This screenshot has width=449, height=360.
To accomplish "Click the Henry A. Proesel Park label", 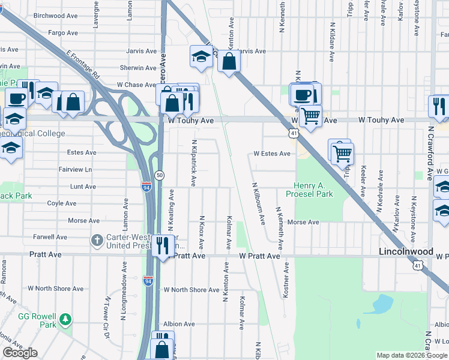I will tap(313, 190).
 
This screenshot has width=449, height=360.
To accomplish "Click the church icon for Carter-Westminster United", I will tap(96, 241).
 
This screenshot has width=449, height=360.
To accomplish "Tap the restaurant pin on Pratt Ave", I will tap(162, 246).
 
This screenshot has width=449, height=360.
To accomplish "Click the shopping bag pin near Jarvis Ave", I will tap(229, 61).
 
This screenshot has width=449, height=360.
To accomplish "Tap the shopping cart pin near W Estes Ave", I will tap(342, 154).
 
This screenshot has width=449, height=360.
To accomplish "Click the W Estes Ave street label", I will tap(271, 154).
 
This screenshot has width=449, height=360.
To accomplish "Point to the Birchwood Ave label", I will tap(56, 16).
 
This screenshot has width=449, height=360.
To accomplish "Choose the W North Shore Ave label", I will tap(192, 290).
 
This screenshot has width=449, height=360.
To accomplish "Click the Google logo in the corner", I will tap(20, 353).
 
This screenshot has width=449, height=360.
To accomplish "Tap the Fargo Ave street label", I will tap(63, 33).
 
